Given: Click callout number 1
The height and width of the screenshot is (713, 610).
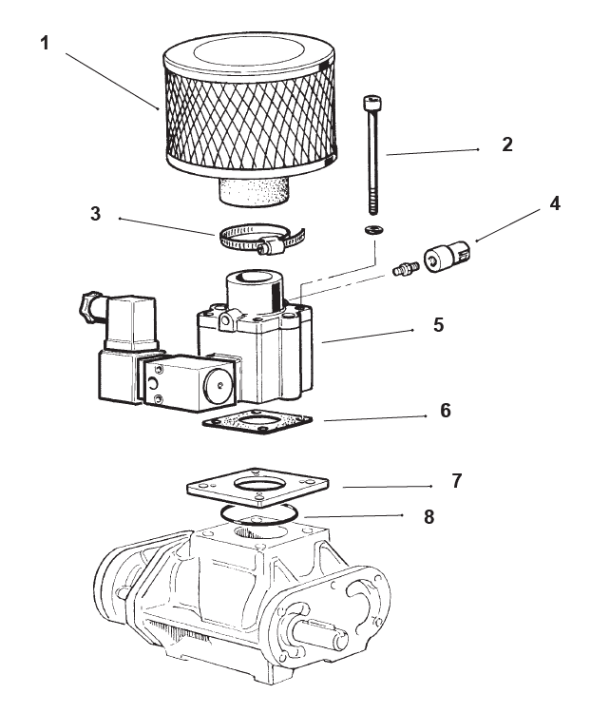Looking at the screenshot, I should pos(44,43).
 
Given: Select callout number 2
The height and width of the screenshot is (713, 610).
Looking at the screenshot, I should pos(507,145).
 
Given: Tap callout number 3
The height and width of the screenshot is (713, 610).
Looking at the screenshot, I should pos(96,213).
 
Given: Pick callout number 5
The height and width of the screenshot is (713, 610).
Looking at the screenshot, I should pos(438,324).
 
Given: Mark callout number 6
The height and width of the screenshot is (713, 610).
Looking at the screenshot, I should pos(446,411).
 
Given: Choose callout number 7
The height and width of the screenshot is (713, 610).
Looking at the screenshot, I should pos(456,480).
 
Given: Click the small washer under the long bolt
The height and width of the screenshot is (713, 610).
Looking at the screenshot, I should pos(372,230).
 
